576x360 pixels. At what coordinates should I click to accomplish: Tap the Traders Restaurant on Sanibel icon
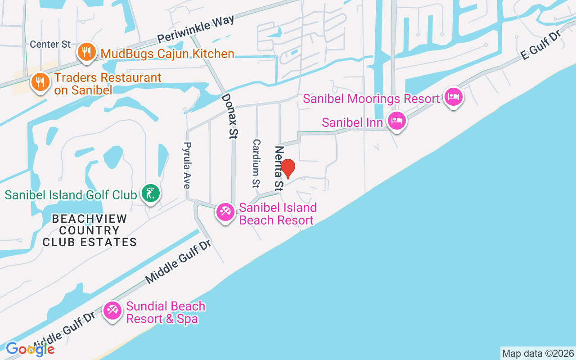click(x=40, y=82)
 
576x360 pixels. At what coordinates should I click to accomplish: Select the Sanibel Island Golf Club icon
click(x=150, y=193)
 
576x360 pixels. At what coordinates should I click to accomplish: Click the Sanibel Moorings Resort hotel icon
click(x=453, y=97)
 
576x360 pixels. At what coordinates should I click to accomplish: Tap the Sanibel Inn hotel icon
click(x=397, y=121)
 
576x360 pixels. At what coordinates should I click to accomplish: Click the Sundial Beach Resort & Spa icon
click(x=112, y=310)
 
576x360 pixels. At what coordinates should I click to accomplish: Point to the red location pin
click(x=288, y=169)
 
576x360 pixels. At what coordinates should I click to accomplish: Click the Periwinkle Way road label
click(x=196, y=29)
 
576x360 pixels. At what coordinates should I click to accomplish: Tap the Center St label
click(x=50, y=45)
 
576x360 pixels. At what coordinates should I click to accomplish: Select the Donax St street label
click(x=229, y=116)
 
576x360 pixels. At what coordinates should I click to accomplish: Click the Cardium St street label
click(x=256, y=163)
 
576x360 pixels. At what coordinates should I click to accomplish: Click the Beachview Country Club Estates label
click(x=90, y=230)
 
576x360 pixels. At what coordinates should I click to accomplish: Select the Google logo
click(x=30, y=349)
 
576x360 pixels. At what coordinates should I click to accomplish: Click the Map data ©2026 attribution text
click(x=538, y=353)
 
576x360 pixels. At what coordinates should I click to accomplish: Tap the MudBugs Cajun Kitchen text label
click(x=167, y=54)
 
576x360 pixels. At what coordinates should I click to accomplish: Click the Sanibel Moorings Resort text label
click(x=371, y=99)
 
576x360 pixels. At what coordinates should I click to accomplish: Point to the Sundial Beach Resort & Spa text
click(x=166, y=312)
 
